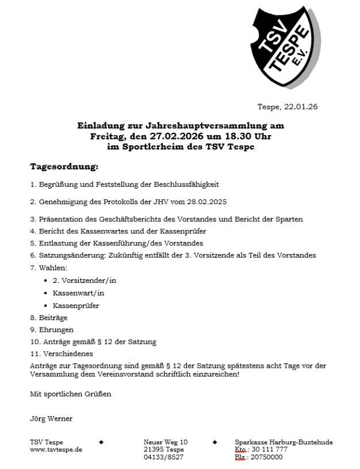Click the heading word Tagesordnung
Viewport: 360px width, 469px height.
pyautogui.click(x=64, y=167)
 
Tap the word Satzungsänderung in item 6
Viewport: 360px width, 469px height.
pyautogui.click(x=67, y=255)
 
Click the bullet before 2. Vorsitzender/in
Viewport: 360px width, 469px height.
pyautogui.click(x=45, y=280)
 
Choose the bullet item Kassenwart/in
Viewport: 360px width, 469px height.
pyautogui.click(x=78, y=293)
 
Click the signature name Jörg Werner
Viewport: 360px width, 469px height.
pyautogui.click(x=51, y=418)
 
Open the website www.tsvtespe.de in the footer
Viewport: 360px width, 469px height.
pyautogui.click(x=56, y=449)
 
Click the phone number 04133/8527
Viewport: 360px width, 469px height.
pyautogui.click(x=164, y=457)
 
